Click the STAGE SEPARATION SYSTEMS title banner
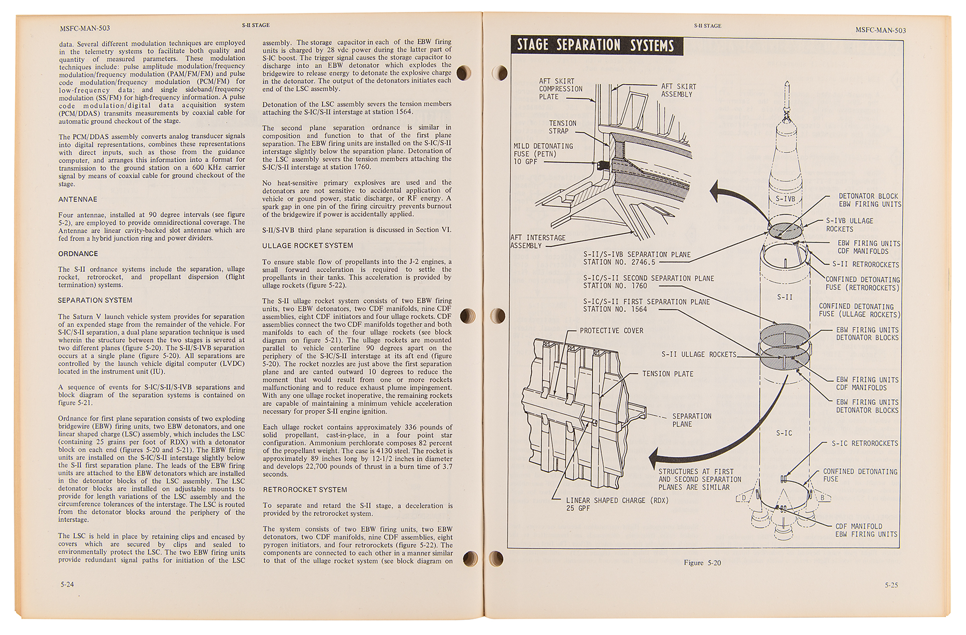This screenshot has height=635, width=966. point(595,45)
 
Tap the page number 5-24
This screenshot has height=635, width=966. point(67,584)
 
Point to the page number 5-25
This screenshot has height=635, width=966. point(891,585)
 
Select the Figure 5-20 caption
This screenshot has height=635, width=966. point(702,563)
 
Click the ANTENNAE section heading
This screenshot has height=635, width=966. point(78,200)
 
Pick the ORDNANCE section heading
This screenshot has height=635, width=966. point(78,254)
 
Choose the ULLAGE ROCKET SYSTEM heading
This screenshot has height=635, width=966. point(308,245)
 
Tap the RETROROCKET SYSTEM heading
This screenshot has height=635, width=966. point(305,490)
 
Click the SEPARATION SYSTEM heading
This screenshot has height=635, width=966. point(95,301)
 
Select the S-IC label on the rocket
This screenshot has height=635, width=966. point(784,433)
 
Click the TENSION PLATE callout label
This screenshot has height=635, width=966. point(668,374)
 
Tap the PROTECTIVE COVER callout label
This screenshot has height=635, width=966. point(611,331)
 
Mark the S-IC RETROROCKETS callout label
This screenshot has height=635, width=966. point(865,443)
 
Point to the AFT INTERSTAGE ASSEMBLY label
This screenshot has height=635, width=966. point(538,242)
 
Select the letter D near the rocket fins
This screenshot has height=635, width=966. point(744,498)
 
